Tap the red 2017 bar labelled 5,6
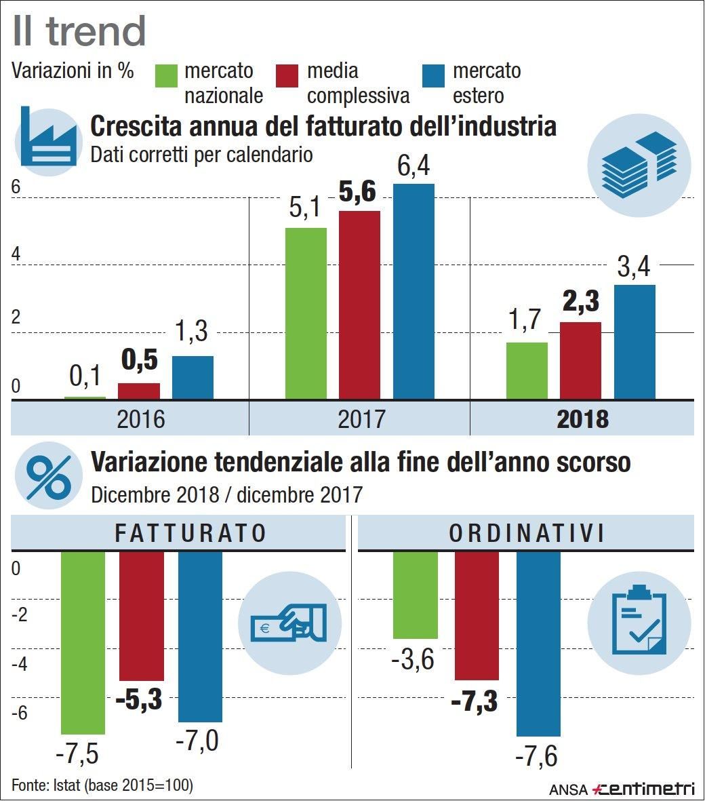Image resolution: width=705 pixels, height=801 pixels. [x=359, y=305]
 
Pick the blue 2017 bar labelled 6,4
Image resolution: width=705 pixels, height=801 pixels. [x=414, y=291]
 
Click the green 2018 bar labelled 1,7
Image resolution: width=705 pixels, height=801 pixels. [x=527, y=370]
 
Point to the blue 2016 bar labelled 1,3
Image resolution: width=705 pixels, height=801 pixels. [x=193, y=377]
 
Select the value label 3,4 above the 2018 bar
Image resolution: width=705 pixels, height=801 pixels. [x=633, y=267]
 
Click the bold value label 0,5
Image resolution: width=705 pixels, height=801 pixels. [x=140, y=361]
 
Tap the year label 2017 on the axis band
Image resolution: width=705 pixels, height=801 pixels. [x=361, y=418]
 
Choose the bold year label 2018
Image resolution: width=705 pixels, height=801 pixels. [x=582, y=418]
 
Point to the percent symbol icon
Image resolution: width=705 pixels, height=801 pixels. [x=47, y=475]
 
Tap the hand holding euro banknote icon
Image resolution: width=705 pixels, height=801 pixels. [x=289, y=623]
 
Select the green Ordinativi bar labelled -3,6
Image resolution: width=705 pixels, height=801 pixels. [x=416, y=595]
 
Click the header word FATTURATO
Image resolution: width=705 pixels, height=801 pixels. [x=190, y=533]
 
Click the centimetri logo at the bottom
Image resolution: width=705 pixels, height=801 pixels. [x=643, y=789]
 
